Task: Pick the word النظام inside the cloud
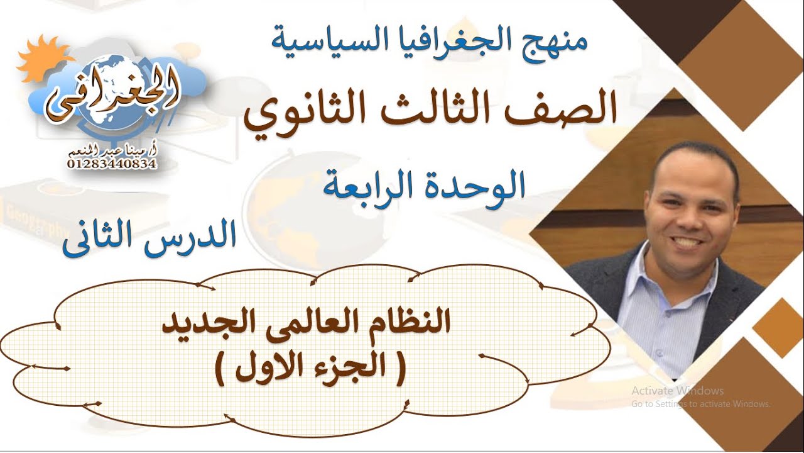409,324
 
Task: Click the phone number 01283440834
111,164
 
